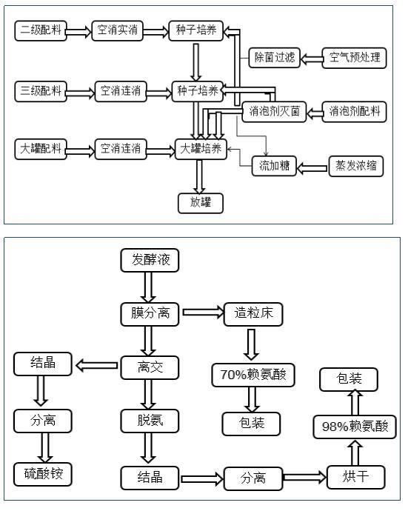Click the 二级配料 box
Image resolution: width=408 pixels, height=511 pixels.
[41, 30]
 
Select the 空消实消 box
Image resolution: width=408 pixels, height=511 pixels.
[117, 30]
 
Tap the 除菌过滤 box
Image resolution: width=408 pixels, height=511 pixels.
[275, 58]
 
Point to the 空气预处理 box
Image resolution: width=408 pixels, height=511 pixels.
[354, 58]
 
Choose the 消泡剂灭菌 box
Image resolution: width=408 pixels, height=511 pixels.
[274, 112]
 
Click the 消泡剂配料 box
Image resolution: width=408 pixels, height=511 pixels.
[354, 112]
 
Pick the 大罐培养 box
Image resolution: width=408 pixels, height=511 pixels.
[201, 150]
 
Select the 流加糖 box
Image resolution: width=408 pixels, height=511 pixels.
[274, 166]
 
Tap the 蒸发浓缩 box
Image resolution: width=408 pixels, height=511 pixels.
[356, 166]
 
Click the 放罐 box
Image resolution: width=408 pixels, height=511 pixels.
[201, 203]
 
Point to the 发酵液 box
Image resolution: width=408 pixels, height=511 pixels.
[150, 261]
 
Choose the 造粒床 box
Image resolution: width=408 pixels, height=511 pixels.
[253, 314]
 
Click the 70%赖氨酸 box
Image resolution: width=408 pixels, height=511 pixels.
[253, 375]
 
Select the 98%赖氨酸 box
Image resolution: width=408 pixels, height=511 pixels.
[355, 427]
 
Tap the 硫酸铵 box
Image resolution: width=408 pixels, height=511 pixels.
[43, 474]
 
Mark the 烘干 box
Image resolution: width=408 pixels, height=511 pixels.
[356, 477]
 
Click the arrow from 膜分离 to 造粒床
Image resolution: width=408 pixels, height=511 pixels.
[204, 313]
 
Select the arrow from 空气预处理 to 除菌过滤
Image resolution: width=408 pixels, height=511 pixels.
[312, 59]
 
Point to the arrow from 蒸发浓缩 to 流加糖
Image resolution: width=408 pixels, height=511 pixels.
[312, 168]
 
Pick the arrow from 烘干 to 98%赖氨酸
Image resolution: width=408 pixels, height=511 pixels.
[355, 452]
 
